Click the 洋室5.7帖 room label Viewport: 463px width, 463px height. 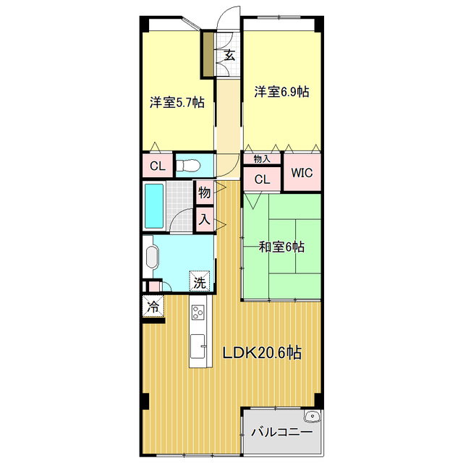point(177,102)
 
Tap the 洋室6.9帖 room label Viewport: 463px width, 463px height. point(281,92)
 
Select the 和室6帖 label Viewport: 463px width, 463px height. point(281,247)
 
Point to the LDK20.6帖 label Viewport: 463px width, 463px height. point(261,353)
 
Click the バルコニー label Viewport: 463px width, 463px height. point(281,432)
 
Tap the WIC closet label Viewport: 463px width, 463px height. point(302,174)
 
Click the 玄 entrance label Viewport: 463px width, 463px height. point(229,55)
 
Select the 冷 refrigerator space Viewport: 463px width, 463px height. point(153,306)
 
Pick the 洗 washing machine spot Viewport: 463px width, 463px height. point(199,282)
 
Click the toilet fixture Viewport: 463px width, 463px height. point(188,165)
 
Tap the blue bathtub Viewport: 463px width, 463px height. point(154,205)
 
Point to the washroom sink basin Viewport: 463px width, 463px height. point(152,257)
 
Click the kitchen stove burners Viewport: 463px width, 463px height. point(198,313)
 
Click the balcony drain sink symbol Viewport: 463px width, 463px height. point(312,418)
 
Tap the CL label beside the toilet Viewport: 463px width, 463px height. point(157,166)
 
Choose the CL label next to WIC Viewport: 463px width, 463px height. point(262,179)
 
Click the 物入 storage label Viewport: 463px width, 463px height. point(261,158)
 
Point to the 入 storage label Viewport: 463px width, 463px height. point(204,218)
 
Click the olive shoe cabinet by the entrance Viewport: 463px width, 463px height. point(208,54)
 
